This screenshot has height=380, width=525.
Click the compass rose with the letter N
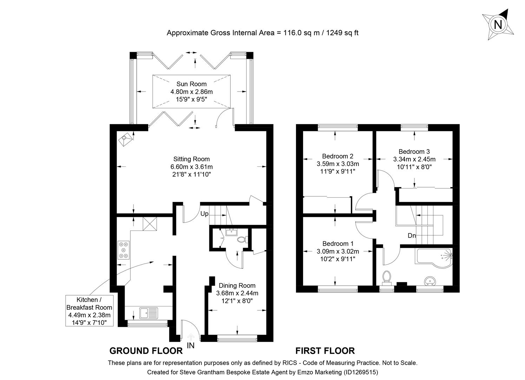pos(498,25)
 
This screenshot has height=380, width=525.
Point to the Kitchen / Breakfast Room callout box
pos(90,311)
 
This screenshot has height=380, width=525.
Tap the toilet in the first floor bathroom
pos(387,276)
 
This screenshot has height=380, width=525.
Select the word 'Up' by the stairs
pos(204,214)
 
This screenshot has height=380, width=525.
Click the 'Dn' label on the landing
pos(412,235)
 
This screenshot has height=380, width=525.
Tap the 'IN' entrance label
pos(190,346)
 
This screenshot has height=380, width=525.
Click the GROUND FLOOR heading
pos(146,351)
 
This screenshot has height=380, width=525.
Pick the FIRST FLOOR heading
pos(325,351)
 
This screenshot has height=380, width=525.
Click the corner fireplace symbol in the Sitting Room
pos(126,140)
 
